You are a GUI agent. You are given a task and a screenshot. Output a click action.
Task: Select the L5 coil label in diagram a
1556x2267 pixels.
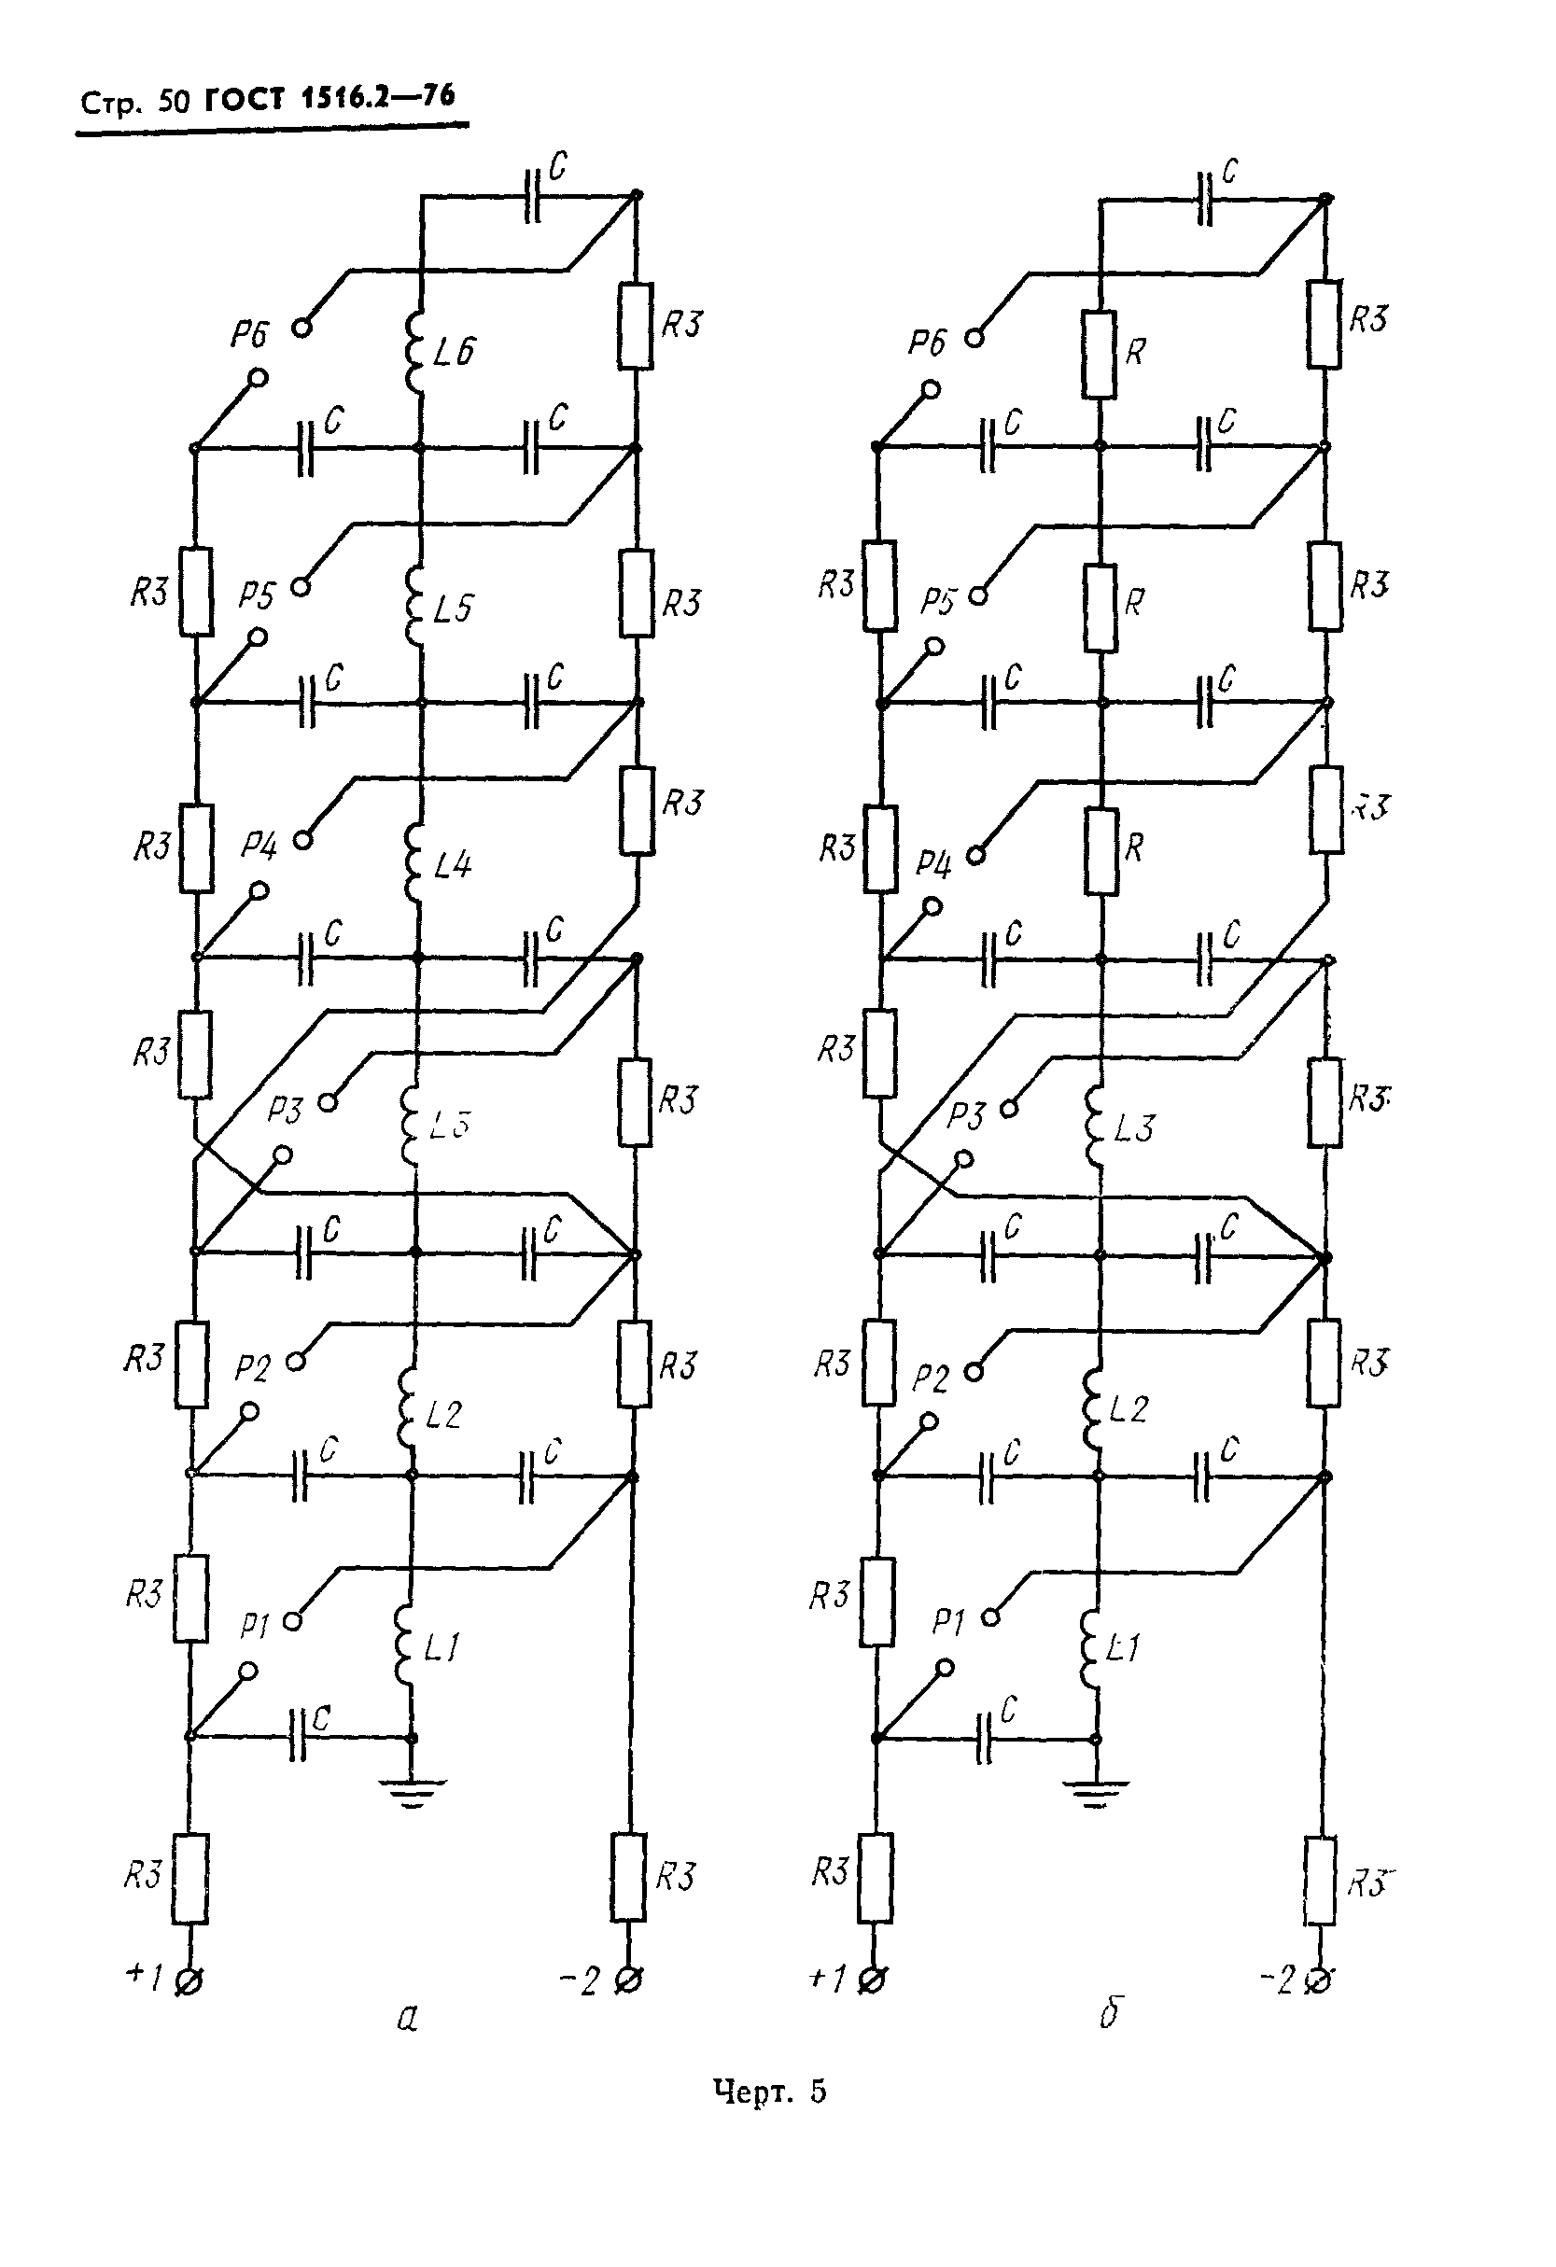pyautogui.click(x=453, y=609)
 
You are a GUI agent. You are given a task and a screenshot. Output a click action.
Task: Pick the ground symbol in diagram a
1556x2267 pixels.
pyautogui.click(x=411, y=1791)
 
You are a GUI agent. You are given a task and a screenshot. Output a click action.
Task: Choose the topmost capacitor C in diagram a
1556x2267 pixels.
pyautogui.click(x=532, y=196)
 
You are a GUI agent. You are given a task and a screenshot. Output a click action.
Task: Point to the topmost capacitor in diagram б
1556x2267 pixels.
pyautogui.click(x=1207, y=200)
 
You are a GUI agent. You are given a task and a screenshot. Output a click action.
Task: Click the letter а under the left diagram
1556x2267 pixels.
pyautogui.click(x=408, y=2017)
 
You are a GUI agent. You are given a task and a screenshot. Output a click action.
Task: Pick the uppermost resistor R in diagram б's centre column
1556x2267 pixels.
pyautogui.click(x=1100, y=354)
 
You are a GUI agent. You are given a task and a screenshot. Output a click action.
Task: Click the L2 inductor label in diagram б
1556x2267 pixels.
pyautogui.click(x=1128, y=1408)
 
